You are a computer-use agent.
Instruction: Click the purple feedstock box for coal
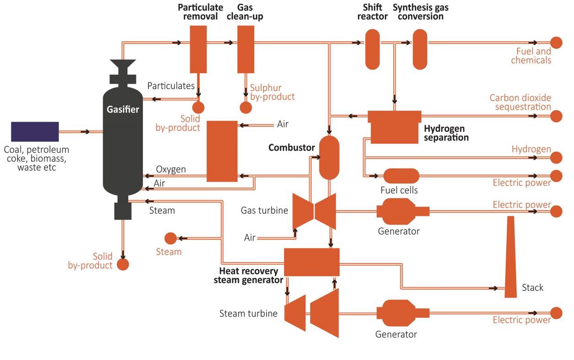[35, 131]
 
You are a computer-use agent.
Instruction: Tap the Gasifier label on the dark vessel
[122, 109]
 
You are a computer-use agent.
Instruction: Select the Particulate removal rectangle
[198, 49]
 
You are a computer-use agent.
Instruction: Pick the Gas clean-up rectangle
[246, 49]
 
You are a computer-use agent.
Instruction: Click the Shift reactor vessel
[372, 49]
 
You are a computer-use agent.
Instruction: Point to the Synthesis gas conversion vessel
[420, 49]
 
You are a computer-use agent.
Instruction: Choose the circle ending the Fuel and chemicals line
[556, 43]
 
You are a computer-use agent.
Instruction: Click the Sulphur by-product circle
[246, 108]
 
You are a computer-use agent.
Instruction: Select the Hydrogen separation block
[394, 127]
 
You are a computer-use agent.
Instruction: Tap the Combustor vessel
[329, 157]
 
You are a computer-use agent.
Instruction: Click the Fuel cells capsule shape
[401, 176]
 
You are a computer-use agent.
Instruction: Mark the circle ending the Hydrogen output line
[556, 158]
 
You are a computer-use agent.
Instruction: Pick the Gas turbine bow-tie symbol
[314, 211]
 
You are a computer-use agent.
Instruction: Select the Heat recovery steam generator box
[312, 262]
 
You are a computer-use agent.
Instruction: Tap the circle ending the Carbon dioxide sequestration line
[556, 116]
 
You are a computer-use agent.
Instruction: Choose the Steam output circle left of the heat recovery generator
[170, 238]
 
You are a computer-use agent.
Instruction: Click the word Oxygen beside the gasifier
[171, 169]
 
